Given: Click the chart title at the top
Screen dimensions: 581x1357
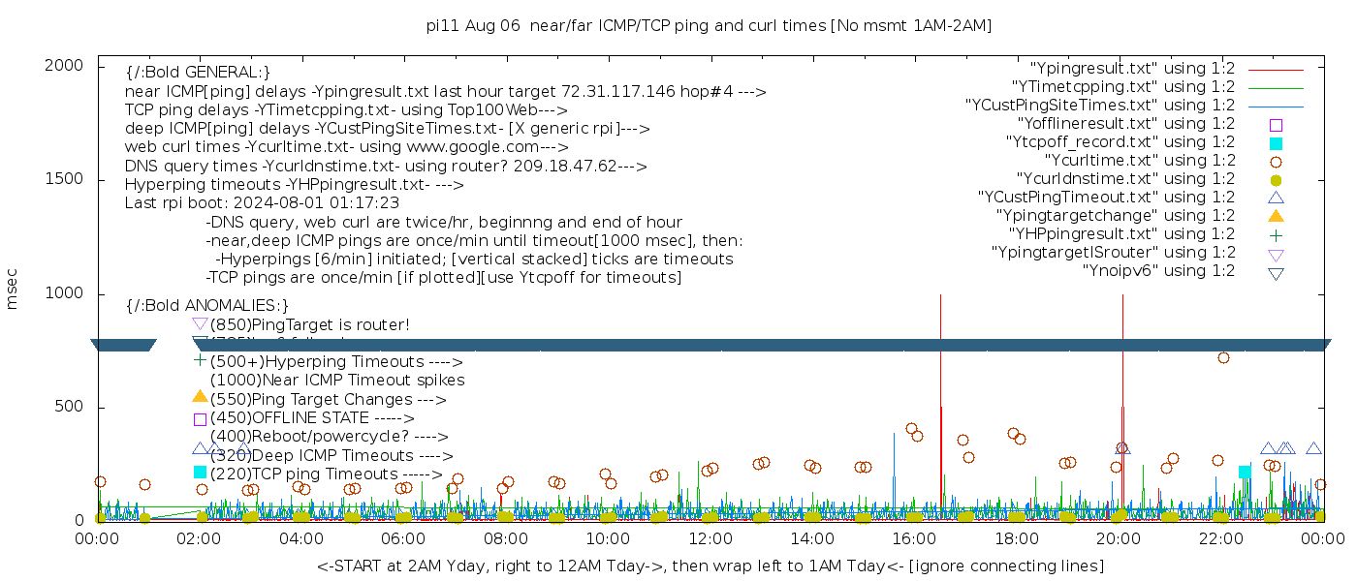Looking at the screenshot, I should tap(710, 25).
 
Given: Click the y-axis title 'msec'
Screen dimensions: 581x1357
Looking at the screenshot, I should tap(13, 288).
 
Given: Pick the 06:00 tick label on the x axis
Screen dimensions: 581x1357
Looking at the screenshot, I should tap(403, 537).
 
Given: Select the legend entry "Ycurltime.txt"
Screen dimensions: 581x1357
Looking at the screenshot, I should tap(1139, 160).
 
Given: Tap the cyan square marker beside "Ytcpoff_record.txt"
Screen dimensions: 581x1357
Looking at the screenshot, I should tap(1276, 142).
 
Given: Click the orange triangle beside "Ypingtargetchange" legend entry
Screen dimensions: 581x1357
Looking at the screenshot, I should tap(1276, 215).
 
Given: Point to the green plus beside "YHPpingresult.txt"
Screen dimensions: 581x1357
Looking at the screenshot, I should tap(1276, 233).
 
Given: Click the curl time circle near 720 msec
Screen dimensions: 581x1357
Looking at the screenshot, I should tap(1223, 357).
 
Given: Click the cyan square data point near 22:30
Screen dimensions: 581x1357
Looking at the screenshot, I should tap(1245, 472).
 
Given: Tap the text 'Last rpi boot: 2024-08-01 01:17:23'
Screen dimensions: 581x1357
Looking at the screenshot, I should tap(262, 203).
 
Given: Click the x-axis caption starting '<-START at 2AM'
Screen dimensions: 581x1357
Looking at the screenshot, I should tap(710, 566).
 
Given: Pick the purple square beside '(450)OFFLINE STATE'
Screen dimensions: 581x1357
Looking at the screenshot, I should tap(200, 419).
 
